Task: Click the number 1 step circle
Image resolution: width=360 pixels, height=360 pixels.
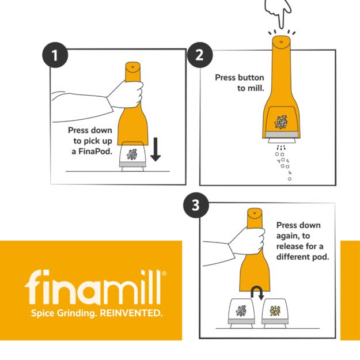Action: (55, 55)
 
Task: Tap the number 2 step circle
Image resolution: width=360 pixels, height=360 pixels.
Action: (200, 55)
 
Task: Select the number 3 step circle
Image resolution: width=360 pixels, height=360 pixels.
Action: (196, 205)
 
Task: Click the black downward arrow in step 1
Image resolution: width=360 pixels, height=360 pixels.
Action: (156, 149)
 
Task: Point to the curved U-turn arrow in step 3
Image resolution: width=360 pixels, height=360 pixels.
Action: (257, 293)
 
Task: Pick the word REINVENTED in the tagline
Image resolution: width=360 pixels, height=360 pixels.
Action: (131, 313)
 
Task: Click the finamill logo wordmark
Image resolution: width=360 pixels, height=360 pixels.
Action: (93, 287)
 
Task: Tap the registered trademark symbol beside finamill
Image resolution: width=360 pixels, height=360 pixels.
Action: (164, 274)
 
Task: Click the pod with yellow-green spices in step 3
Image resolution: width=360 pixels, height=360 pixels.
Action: (274, 313)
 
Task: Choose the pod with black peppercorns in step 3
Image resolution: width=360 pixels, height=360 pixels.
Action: (241, 313)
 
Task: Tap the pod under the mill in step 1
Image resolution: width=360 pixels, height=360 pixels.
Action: (132, 157)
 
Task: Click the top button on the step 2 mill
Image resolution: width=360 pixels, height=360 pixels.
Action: (282, 42)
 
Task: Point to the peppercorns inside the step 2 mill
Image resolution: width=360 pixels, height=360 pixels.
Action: (281, 122)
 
